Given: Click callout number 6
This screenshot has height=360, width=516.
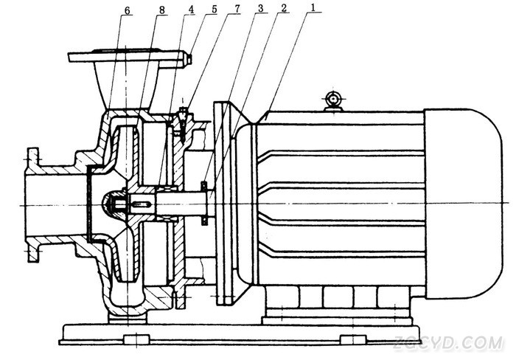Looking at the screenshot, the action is pyautogui.click(x=128, y=11).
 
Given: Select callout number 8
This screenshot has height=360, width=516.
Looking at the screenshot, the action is pyautogui.click(x=162, y=10).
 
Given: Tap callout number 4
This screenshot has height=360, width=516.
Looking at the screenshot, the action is pyautogui.click(x=191, y=10).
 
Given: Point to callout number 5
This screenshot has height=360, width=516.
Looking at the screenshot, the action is pyautogui.click(x=215, y=9).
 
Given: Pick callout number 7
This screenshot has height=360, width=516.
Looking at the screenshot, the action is pyautogui.click(x=237, y=9).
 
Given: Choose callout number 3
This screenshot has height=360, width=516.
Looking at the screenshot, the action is pyautogui.click(x=261, y=8).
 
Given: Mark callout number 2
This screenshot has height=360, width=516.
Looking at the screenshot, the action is pyautogui.click(x=284, y=8).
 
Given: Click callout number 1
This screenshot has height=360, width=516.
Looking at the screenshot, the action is pyautogui.click(x=313, y=7).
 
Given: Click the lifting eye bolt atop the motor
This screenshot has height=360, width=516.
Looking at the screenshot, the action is pyautogui.click(x=333, y=100).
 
